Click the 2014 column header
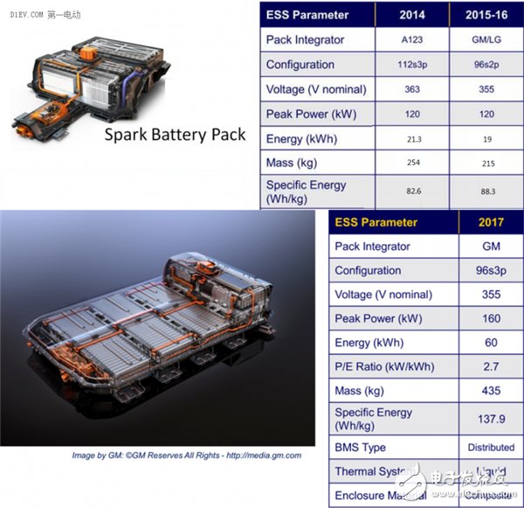(412, 15)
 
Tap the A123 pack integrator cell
(411, 40)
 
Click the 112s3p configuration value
(411, 65)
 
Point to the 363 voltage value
(411, 89)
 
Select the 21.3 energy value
(411, 139)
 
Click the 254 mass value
(411, 164)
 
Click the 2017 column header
(490, 222)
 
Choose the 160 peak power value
(490, 318)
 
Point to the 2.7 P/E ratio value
(490, 366)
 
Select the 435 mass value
(490, 391)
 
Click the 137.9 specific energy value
(490, 419)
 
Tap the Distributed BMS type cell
(490, 448)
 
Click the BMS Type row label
(361, 448)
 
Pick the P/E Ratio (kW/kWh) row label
(384, 366)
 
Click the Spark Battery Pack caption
(175, 136)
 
